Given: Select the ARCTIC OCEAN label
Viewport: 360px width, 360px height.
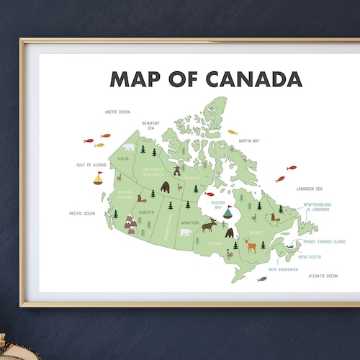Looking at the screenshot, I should pyautogui.click(x=117, y=112).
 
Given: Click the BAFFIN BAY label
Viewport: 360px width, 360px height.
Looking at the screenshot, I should pyautogui.click(x=248, y=140).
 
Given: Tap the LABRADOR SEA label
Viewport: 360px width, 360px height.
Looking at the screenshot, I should pyautogui.click(x=309, y=189).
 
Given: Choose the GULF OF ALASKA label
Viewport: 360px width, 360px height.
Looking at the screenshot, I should pyautogui.click(x=91, y=165).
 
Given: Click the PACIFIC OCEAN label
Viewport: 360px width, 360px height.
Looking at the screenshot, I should pyautogui.click(x=82, y=213).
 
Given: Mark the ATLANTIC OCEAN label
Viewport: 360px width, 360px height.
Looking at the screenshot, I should pyautogui.click(x=323, y=276).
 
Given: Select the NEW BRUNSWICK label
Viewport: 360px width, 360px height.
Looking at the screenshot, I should pyautogui.click(x=283, y=269).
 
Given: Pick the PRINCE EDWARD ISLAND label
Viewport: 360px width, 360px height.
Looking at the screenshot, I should pyautogui.click(x=323, y=242).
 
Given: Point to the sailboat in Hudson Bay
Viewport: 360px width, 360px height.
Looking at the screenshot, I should pyautogui.click(x=228, y=212).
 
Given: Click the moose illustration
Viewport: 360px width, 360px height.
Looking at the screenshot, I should pyautogui.click(x=209, y=225).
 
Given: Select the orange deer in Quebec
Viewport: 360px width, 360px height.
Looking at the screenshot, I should pyautogui.click(x=251, y=245).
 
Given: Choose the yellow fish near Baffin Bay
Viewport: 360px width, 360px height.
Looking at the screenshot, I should pyautogui.click(x=233, y=132).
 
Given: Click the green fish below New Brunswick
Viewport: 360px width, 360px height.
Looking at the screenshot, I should pyautogui.click(x=262, y=279).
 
